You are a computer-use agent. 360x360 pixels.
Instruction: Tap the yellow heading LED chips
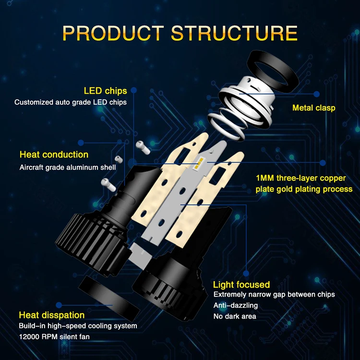coord(105,91)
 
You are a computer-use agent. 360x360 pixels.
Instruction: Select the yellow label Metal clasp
coord(313,108)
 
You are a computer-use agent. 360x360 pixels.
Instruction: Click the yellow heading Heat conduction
coord(54,155)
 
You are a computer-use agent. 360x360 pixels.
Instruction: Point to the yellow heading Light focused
coord(241,285)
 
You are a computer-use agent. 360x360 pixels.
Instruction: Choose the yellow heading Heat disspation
coord(52,315)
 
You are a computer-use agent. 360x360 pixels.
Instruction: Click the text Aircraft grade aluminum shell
coord(67,168)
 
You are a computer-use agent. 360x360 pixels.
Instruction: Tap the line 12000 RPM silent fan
coord(54,337)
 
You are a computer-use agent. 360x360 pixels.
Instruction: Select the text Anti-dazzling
coord(235,306)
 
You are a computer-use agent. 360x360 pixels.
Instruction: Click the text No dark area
coord(235,316)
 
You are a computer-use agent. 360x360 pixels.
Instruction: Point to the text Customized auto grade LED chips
coord(71,102)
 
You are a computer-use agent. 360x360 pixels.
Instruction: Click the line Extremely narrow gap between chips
coord(274,295)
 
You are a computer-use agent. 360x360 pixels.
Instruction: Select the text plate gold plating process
coord(304,189)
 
